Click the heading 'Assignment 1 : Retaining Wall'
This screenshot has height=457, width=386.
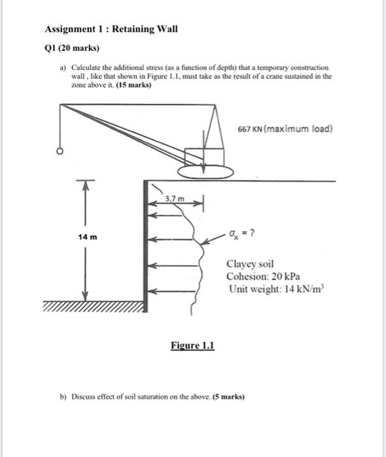click(111, 29)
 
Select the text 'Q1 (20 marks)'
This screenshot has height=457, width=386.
click(72, 48)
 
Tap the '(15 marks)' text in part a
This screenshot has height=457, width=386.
click(133, 85)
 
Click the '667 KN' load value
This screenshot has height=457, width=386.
click(250, 129)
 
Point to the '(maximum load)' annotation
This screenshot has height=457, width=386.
click(298, 129)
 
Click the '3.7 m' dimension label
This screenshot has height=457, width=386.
click(175, 198)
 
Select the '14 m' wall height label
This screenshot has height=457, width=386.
click(87, 237)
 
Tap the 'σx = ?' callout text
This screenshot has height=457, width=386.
click(242, 234)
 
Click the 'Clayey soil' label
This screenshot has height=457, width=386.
click(250, 264)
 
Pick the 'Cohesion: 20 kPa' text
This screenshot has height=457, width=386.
click(263, 276)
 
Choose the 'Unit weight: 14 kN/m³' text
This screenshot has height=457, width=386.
click(277, 289)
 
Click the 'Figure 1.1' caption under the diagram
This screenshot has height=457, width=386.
click(193, 345)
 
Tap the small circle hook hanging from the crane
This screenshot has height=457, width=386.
click(60, 151)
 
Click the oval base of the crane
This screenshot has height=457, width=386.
click(205, 172)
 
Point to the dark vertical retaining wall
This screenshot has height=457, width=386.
click(145, 246)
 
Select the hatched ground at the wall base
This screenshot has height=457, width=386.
click(94, 307)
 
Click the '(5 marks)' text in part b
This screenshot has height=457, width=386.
click(228, 397)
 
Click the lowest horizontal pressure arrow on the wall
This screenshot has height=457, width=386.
click(171, 291)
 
